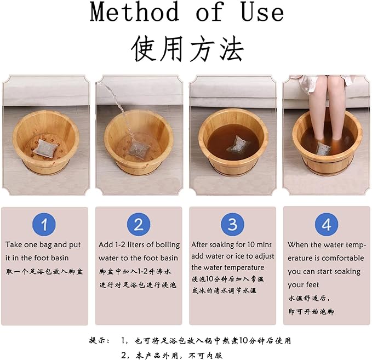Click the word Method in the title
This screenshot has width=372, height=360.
click(x=134, y=12)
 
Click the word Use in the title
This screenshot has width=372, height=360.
click(x=260, y=12)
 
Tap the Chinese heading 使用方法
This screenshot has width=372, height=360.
click(x=186, y=49)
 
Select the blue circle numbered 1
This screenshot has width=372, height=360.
click(x=44, y=225)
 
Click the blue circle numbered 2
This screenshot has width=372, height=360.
click(x=139, y=225)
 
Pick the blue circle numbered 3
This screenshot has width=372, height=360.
click(x=232, y=225)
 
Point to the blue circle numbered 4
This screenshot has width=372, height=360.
click(x=326, y=225)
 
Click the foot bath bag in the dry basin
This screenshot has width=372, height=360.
click(x=44, y=147)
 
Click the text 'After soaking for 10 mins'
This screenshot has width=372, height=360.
click(x=232, y=245)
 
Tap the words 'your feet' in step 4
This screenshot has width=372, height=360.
click(x=303, y=285)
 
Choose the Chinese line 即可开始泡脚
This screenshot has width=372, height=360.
click(x=311, y=312)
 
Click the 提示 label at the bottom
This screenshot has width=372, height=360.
click(x=99, y=340)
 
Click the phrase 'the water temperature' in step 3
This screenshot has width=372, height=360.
click(x=227, y=267)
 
